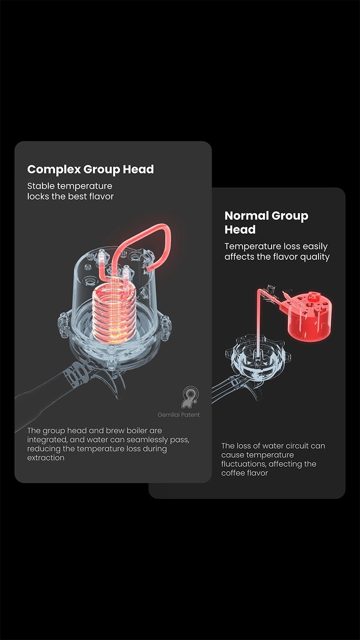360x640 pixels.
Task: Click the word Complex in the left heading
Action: [x=54, y=170]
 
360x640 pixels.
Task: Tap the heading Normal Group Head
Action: [x=266, y=222]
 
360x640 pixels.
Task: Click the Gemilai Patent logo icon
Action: [x=190, y=397]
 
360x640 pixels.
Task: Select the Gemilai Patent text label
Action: [x=179, y=415]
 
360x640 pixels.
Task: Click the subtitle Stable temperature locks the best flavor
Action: [x=70, y=191]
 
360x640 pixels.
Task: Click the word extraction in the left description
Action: [x=46, y=458]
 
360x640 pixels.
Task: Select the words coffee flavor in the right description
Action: [x=245, y=473]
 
